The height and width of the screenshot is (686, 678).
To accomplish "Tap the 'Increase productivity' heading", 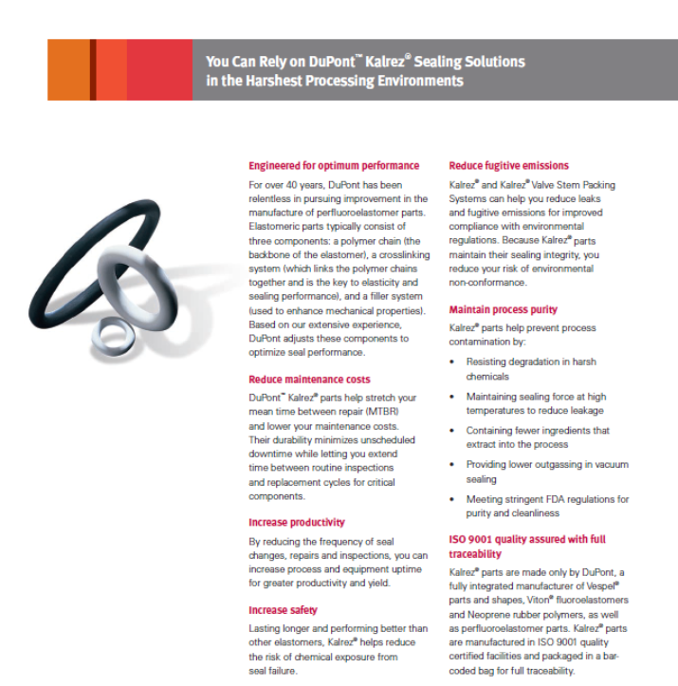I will (x=297, y=522).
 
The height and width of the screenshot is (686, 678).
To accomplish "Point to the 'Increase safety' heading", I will (x=283, y=610).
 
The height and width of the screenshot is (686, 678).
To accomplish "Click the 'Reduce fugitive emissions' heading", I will (x=508, y=165).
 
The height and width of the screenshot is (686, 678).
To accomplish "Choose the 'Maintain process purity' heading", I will (x=503, y=309).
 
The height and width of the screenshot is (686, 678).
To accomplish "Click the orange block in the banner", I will (x=68, y=70).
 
